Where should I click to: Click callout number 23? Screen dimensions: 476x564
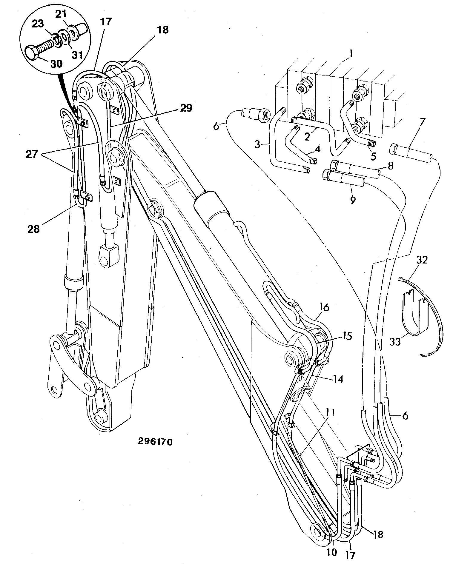point(38,24)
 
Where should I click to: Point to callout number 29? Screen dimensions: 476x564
point(186,108)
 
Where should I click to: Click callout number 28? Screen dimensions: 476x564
point(33,229)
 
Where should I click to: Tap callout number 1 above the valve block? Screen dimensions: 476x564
point(351,54)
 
